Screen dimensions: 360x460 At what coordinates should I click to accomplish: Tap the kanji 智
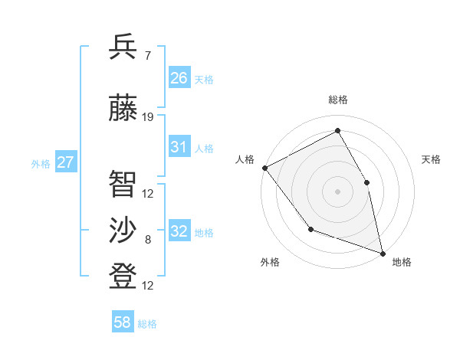click(123, 184)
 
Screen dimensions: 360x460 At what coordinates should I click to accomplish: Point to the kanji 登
click(123, 276)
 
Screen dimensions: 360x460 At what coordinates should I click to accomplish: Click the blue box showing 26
click(179, 78)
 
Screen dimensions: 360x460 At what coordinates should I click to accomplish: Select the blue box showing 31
click(179, 147)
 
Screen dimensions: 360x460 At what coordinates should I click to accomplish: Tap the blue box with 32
click(179, 231)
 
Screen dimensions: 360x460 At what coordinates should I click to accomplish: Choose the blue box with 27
click(66, 162)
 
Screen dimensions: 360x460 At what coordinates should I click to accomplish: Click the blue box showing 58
click(123, 323)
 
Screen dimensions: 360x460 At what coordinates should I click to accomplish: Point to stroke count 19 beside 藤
click(148, 117)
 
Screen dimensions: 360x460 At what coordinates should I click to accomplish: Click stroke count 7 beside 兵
click(147, 56)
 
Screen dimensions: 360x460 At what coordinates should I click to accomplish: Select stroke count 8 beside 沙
click(148, 240)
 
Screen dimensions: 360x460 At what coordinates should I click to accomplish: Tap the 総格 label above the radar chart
click(338, 100)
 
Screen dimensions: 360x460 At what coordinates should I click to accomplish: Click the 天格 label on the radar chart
click(431, 159)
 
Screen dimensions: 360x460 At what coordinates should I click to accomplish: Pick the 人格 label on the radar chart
click(245, 159)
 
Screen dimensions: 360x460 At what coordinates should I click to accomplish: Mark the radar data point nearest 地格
click(382, 252)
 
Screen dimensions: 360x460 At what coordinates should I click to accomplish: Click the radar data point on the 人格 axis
click(264, 168)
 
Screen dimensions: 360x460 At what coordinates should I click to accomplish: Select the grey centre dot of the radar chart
click(337, 191)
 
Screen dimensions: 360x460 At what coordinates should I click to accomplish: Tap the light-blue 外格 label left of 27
click(41, 163)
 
